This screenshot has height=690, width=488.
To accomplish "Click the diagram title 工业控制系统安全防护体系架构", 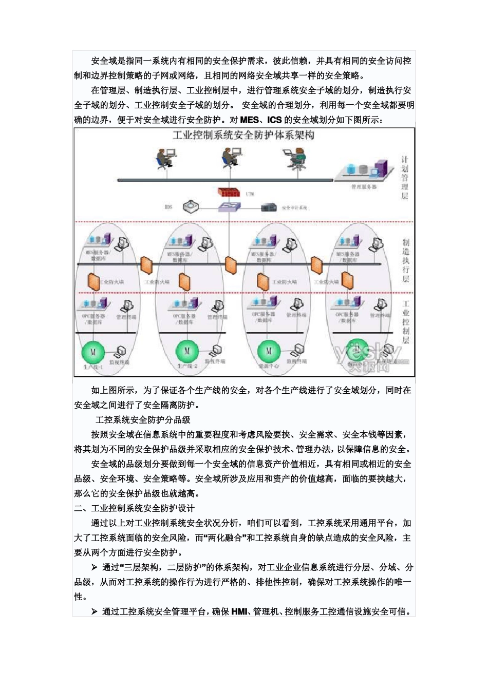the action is tap(243, 136).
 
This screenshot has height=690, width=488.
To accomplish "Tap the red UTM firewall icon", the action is tap(229, 192).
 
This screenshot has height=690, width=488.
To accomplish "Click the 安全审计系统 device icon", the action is tap(269, 207).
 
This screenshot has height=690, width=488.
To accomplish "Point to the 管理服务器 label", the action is tap(364, 187).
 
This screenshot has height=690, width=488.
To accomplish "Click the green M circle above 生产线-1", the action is tap(93, 352).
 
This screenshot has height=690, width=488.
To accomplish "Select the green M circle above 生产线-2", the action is tap(186, 351).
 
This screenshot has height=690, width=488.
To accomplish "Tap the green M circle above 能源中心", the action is tap(268, 351).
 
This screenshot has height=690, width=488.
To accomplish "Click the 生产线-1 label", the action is tap(93, 368).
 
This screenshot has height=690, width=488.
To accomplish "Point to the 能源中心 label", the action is tap(269, 367).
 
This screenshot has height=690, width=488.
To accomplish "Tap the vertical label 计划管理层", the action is tap(405, 178).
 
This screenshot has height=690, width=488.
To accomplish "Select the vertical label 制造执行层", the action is tap(406, 260).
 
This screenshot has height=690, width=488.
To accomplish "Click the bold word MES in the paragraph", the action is tap(250, 120).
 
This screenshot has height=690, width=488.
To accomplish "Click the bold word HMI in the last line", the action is tap(239, 611).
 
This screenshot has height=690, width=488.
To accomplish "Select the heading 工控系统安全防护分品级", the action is tap(143, 420).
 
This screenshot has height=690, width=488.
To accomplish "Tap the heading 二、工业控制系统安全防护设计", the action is tap(134, 508).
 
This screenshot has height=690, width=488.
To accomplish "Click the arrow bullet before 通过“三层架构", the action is tap(95, 567).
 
